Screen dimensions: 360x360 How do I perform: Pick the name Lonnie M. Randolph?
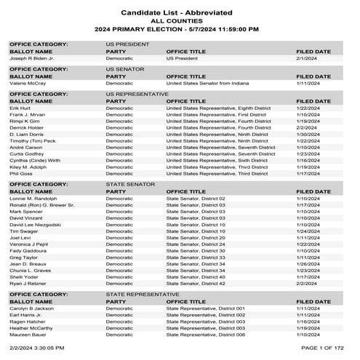[33, 199]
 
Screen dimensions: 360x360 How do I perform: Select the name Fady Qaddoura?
[28, 250]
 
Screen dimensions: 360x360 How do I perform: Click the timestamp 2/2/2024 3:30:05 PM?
[36, 352]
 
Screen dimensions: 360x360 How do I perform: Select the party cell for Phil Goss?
[119, 173]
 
